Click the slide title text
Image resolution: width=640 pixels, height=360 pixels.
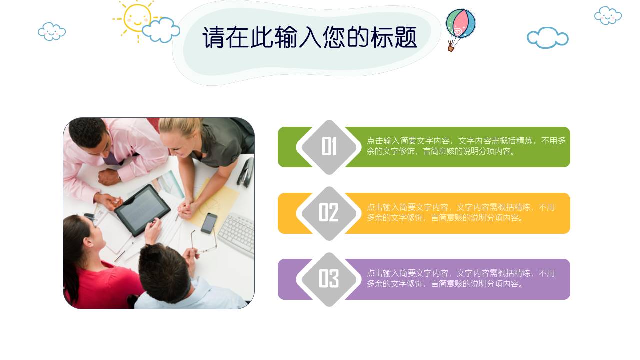click(x=309, y=38)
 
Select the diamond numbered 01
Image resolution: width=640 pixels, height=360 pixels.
click(x=329, y=147)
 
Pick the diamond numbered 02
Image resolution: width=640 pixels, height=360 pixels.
click(x=329, y=213)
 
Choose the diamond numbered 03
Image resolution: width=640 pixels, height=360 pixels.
click(x=329, y=279)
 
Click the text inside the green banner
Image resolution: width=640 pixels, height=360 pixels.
click(x=466, y=146)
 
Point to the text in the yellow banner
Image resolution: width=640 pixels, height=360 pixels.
click(x=460, y=212)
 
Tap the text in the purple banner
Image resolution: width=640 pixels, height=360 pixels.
click(x=460, y=278)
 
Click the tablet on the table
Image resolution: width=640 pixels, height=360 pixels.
click(x=142, y=209)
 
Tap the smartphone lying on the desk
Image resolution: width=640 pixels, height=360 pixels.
click(x=209, y=223)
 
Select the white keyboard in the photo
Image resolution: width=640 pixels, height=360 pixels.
click(x=237, y=233)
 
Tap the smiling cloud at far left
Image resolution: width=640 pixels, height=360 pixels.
click(x=52, y=31)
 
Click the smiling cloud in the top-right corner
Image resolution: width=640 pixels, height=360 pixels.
click(x=608, y=15)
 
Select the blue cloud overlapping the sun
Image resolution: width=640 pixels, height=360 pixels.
click(x=161, y=30)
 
